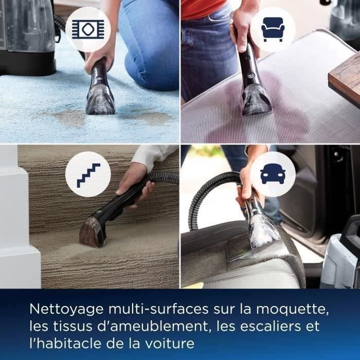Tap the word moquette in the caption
tap(296, 310)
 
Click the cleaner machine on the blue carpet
tap(28, 36)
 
